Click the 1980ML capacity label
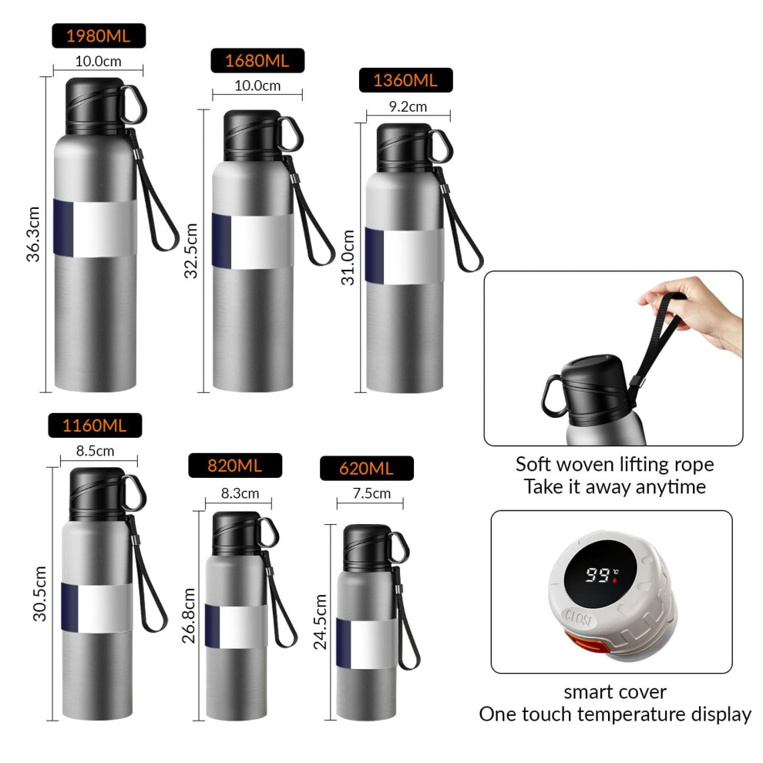(99, 36)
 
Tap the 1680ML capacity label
(257, 61)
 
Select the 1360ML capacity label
(406, 80)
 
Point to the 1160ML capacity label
(95, 425)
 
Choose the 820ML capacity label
(235, 466)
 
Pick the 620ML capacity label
(367, 469)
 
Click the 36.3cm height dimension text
(33, 234)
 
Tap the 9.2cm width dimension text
(408, 106)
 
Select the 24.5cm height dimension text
(320, 622)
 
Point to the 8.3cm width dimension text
(240, 493)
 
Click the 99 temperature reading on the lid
(598, 575)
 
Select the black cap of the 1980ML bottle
(95, 106)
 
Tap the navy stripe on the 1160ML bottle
(69, 607)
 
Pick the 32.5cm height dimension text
(191, 250)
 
